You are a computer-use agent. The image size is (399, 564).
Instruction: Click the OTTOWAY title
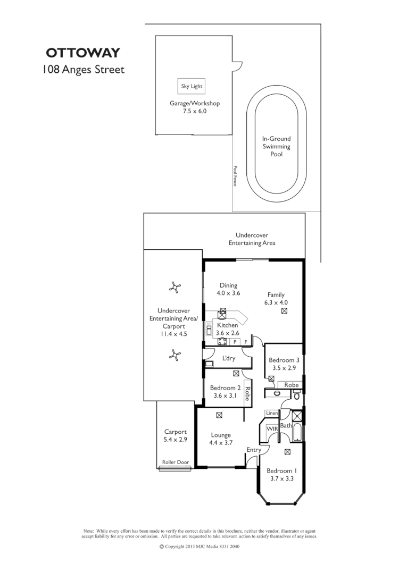click(82, 53)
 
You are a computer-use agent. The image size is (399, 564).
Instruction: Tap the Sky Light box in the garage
click(192, 86)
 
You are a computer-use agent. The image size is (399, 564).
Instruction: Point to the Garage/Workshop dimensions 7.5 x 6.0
click(194, 112)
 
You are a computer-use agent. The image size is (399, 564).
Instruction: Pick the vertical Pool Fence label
click(235, 175)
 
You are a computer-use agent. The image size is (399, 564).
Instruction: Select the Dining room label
click(228, 285)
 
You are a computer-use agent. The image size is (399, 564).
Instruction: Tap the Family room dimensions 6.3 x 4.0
click(276, 302)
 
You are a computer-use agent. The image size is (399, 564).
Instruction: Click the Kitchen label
click(228, 325)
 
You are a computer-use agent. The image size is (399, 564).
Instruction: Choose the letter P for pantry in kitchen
click(235, 341)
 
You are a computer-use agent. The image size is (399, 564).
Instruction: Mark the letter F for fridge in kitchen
click(246, 341)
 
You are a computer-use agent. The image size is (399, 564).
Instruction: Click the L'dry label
click(229, 358)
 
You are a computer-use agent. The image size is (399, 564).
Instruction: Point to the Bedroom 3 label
click(284, 360)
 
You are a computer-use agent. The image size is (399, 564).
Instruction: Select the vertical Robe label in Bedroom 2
click(247, 393)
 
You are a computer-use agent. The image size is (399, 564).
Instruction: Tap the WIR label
click(272, 428)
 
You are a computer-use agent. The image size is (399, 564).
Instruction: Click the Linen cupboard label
click(271, 413)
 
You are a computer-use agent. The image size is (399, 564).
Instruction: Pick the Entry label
click(254, 450)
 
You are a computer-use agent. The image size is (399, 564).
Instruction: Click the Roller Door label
click(177, 462)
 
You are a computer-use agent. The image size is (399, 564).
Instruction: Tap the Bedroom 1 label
click(279, 470)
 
